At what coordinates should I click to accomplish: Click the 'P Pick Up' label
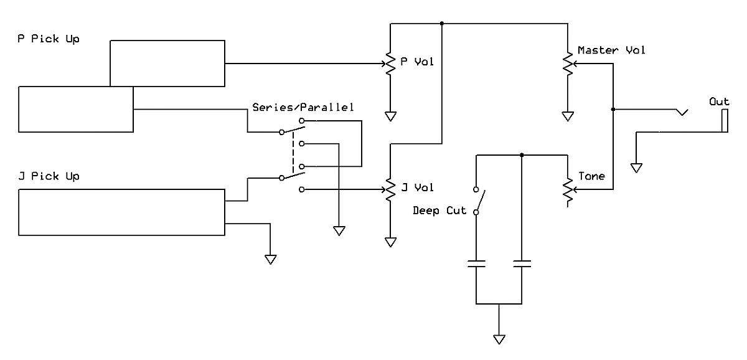click(x=49, y=39)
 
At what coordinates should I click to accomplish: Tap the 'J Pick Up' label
click(x=49, y=176)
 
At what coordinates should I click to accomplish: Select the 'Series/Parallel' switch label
click(x=303, y=107)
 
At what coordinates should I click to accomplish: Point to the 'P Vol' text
click(x=417, y=62)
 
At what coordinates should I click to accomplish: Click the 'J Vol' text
click(x=417, y=187)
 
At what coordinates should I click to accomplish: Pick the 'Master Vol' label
click(x=611, y=50)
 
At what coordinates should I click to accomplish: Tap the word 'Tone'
click(x=591, y=176)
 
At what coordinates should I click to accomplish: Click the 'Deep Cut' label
click(x=439, y=211)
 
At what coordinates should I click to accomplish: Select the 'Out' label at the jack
click(x=719, y=102)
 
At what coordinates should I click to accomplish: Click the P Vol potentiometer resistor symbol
click(x=390, y=64)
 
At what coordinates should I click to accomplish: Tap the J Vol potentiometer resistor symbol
click(x=390, y=189)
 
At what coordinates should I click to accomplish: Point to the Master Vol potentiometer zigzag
click(x=568, y=64)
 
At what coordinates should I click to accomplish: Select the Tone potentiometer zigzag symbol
click(x=568, y=190)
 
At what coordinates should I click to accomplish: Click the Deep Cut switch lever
click(x=480, y=201)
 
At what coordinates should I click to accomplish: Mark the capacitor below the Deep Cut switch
click(x=476, y=264)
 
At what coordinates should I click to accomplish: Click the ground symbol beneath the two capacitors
click(x=499, y=339)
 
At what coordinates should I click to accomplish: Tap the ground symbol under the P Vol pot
click(x=390, y=116)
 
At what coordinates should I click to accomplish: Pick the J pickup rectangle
click(x=122, y=212)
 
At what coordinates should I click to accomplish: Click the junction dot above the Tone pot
click(x=522, y=155)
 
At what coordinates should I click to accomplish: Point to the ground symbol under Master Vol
click(x=568, y=116)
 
